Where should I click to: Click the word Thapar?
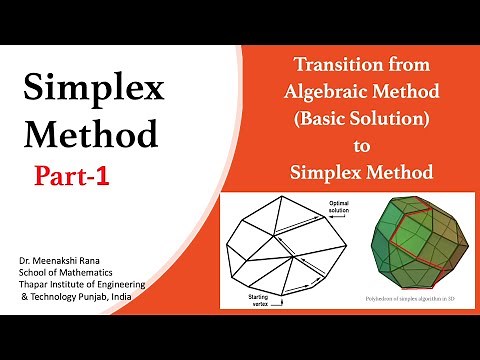tap(34, 286)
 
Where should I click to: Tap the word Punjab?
tap(104, 298)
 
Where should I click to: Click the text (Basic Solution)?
tap(362, 120)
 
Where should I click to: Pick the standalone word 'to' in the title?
tap(362, 146)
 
